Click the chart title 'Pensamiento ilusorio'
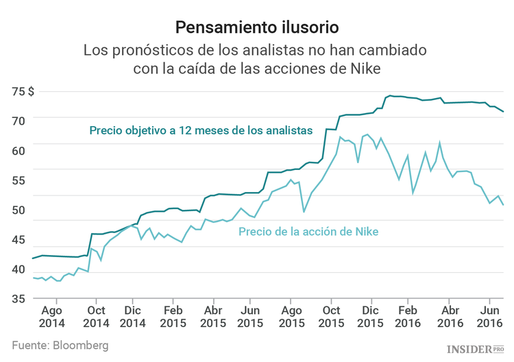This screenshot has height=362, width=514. coord(256,27)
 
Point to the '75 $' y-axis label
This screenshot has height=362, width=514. coord(42,90)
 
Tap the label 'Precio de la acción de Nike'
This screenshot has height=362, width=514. coord(308,231)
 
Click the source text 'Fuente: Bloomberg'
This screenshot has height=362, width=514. coord(60,346)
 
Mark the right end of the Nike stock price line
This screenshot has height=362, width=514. coord(504,205)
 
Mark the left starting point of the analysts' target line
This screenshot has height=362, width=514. coord(32,258)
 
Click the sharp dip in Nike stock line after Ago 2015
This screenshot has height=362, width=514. coord(304,211)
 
